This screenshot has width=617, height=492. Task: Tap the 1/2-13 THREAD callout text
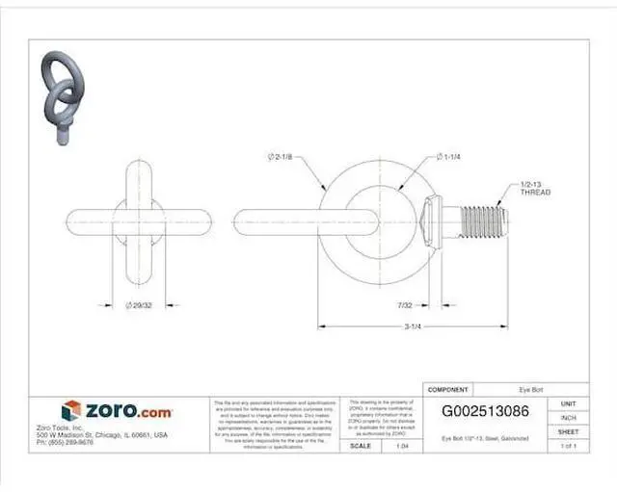pos(535,188)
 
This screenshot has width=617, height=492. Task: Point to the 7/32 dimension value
pos(404,305)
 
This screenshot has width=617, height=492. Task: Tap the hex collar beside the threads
pos(435,221)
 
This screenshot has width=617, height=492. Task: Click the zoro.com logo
pos(118,411)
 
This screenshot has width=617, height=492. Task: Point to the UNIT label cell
pos(568,403)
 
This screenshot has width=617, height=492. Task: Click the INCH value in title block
pos(568,418)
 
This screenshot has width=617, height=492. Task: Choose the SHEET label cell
pos(568,432)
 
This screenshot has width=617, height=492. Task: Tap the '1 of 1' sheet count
pos(568,447)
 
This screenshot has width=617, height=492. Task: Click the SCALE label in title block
pos(361,447)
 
